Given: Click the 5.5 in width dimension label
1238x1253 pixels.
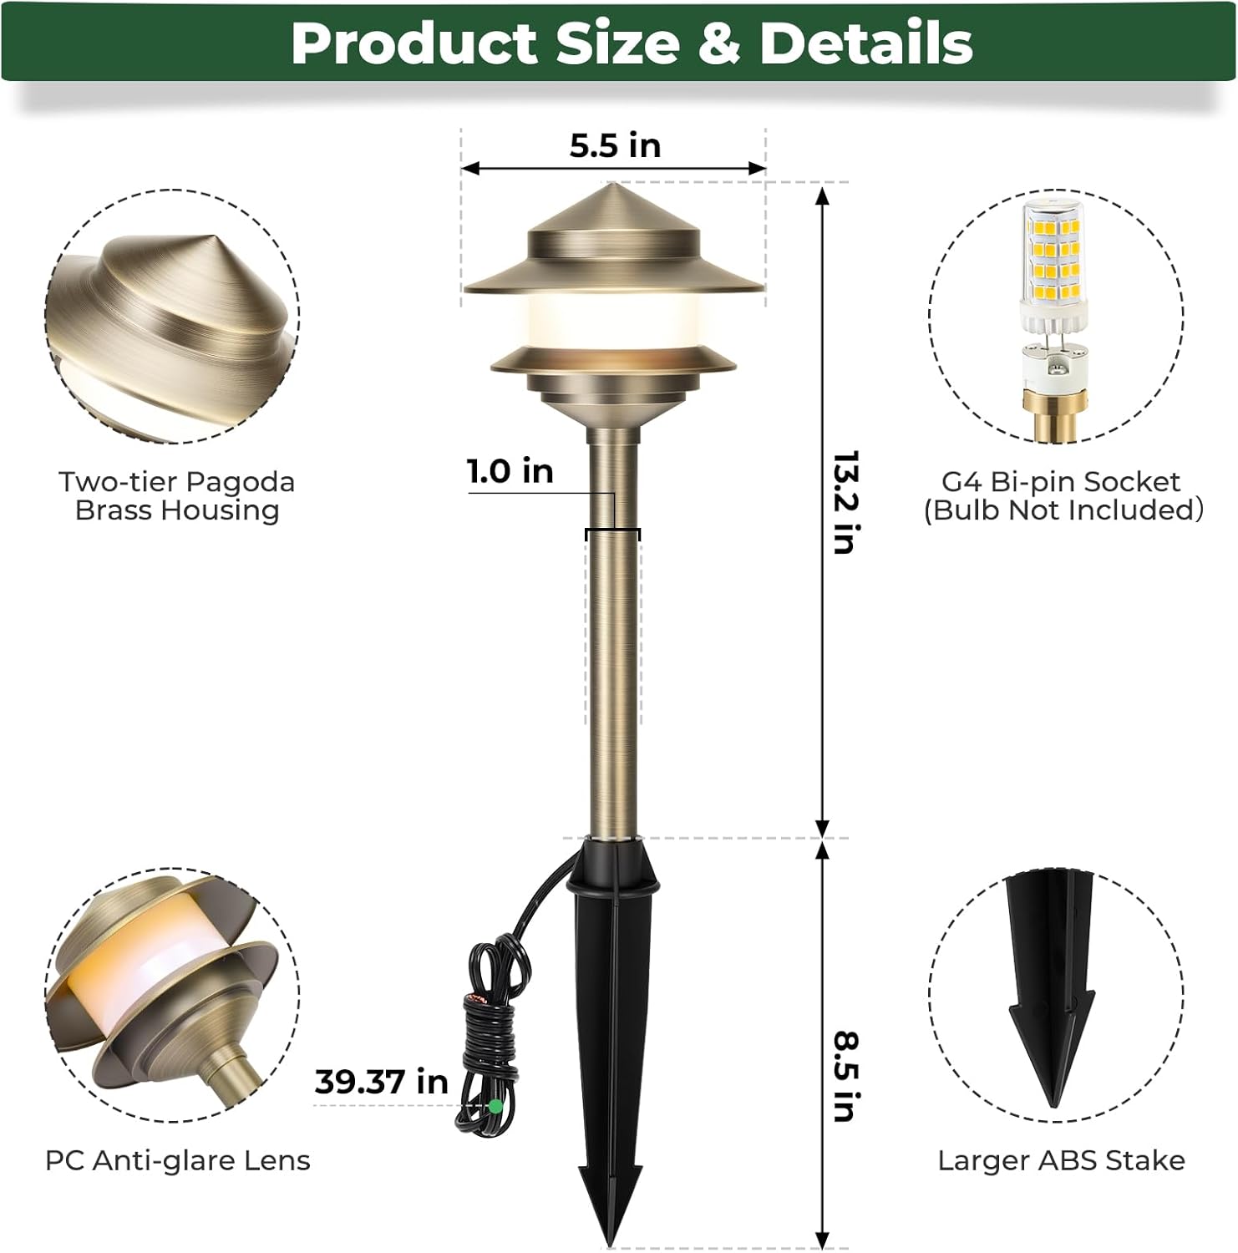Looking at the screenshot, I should click(615, 145).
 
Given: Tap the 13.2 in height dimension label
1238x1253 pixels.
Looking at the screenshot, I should click(845, 502).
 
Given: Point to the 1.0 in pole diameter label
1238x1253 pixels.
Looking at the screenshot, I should click(510, 471).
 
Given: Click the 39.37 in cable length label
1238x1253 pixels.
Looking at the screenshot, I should click(381, 1082).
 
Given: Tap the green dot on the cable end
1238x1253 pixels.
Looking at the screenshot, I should click(495, 1106).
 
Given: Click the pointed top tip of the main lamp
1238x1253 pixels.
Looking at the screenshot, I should click(614, 185).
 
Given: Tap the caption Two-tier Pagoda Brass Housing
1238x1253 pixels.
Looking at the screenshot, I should click(177, 495).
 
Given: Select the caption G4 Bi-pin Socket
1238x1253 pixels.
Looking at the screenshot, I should click(1061, 482).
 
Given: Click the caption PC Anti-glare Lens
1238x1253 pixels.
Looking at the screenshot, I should click(177, 1160).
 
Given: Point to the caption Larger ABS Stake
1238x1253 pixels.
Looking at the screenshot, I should click(1061, 1160).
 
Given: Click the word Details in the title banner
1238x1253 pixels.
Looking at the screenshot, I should click(866, 43).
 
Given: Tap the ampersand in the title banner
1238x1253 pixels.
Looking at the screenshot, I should click(718, 43).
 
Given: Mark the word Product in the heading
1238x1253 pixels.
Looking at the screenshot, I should click(414, 43).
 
